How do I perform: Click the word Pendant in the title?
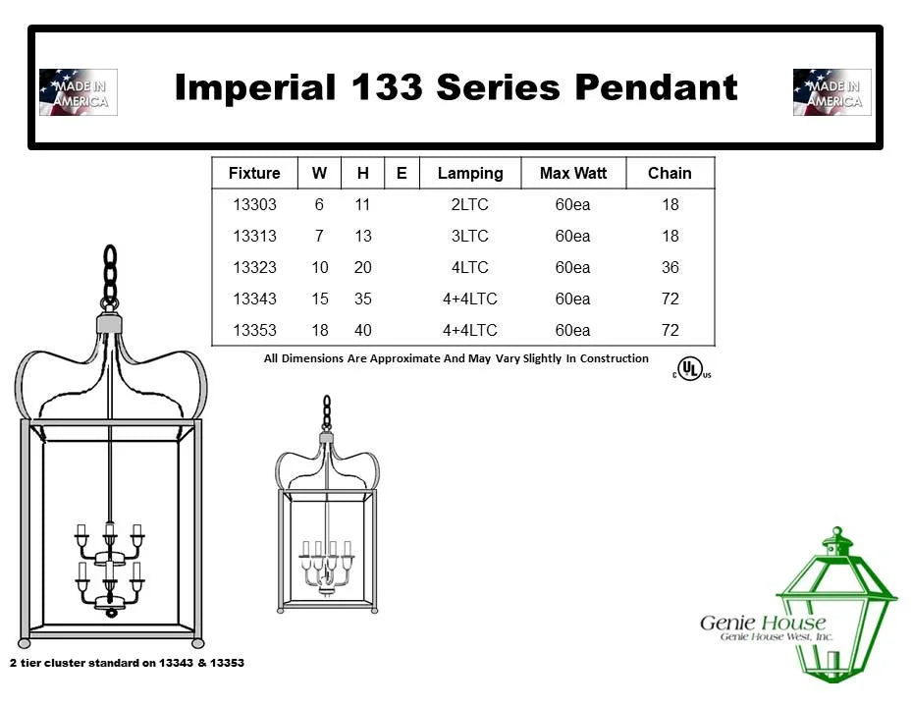656,87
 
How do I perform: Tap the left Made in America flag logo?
79,92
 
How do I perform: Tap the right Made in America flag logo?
832,92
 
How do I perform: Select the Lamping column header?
470,173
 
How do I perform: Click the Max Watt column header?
573,173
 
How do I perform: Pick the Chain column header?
670,173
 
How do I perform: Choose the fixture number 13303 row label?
254,205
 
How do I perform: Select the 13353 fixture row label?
254,330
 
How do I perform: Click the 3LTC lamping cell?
470,237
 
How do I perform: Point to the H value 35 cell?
363,299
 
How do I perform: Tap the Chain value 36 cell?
671,267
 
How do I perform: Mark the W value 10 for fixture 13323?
320,267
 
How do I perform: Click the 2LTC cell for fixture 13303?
470,205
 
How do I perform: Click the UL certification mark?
692,368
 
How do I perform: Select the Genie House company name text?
762,624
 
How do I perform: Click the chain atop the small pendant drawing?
327,412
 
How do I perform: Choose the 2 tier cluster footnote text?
127,663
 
